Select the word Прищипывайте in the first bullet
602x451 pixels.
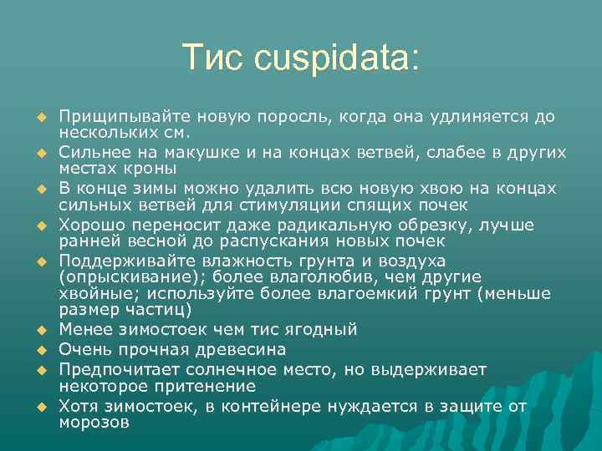pyautogui.click(x=113, y=116)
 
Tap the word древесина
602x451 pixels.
pyautogui.click(x=239, y=349)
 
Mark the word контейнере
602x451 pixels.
pyautogui.click(x=251, y=407)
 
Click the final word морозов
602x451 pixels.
pyautogui.click(x=94, y=423)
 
